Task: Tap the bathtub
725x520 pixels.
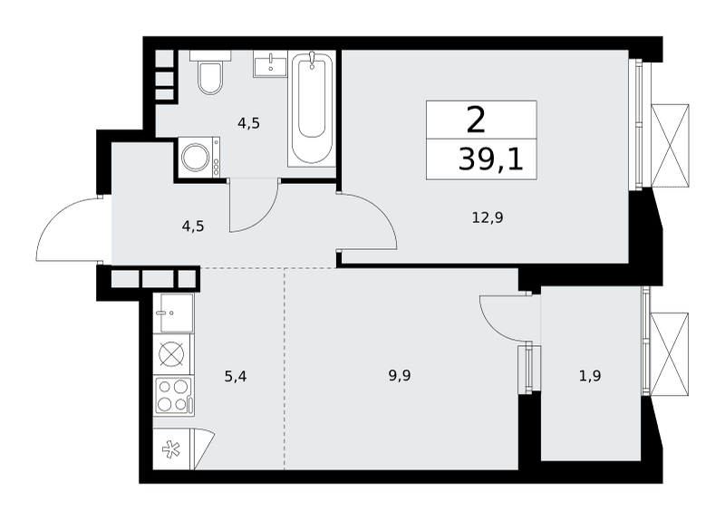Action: coord(312,109)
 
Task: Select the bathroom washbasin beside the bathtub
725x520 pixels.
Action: coord(269,63)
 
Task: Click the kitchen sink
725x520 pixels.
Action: coord(177,313)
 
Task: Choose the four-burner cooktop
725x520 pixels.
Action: coord(174,395)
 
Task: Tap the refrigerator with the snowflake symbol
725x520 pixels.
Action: coord(184,448)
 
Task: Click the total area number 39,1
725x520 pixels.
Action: coord(490,160)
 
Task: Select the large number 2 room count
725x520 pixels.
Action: coord(476,120)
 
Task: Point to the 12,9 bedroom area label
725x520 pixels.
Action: coord(488,217)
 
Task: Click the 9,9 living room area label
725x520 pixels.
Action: coord(400,376)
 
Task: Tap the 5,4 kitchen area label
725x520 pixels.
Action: coord(236,377)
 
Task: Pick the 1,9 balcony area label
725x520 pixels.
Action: coord(590,376)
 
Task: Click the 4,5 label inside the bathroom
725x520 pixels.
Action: coord(248,123)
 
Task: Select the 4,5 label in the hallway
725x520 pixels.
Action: coord(193,226)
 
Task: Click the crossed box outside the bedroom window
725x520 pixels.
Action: coord(670,146)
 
